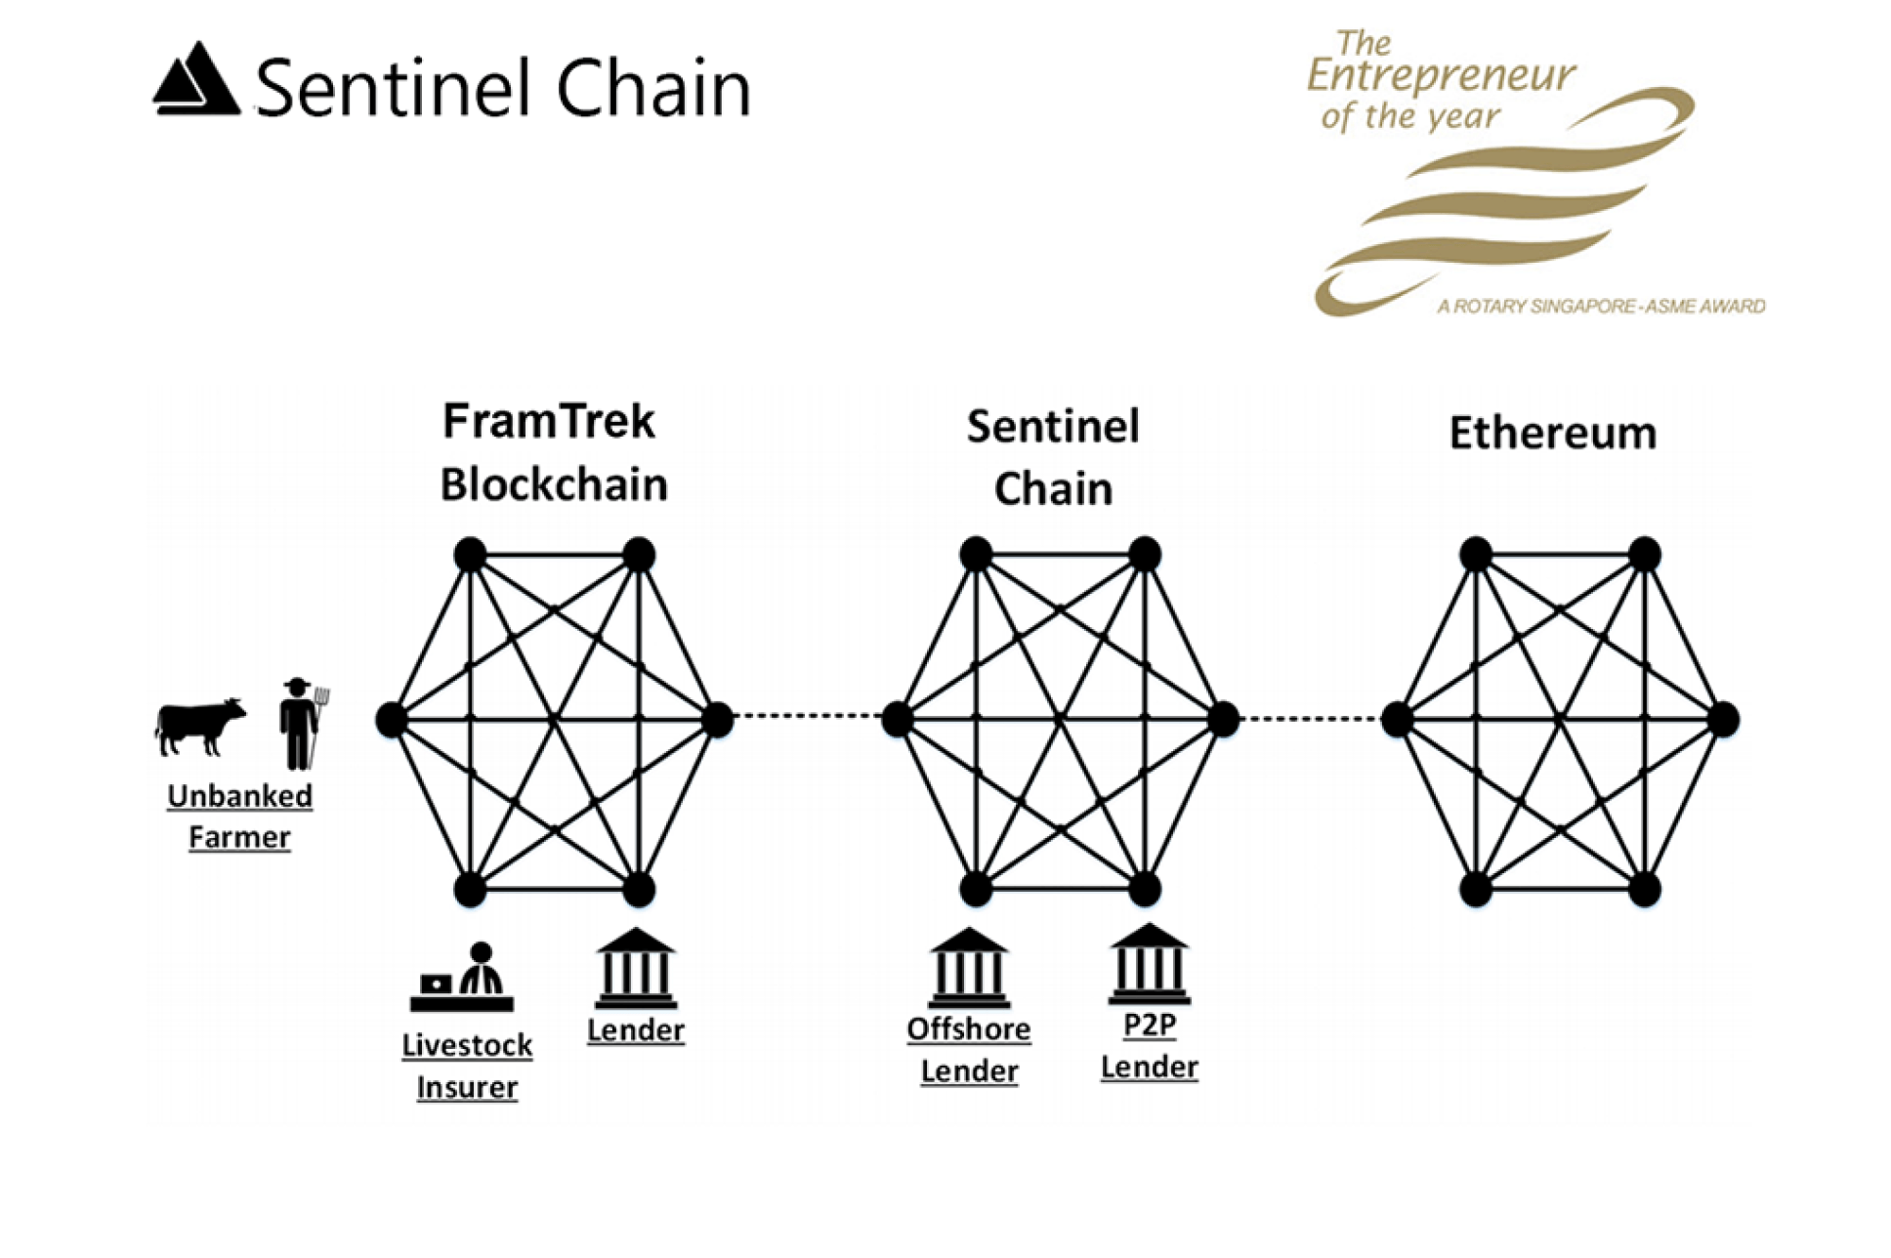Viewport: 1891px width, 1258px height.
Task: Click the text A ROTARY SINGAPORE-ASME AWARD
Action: point(1601,307)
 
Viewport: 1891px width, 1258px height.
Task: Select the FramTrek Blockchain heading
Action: point(553,453)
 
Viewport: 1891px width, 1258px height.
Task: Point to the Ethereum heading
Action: point(1552,434)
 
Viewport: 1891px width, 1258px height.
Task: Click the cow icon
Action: point(199,726)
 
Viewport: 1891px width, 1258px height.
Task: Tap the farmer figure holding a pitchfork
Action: point(300,723)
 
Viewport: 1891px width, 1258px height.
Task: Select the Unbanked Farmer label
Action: point(239,817)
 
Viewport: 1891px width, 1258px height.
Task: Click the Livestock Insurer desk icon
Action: point(462,979)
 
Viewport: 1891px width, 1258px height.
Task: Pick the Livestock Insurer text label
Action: point(467,1067)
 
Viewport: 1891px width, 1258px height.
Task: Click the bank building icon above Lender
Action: point(636,968)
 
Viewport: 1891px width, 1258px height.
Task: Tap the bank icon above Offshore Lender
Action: point(969,968)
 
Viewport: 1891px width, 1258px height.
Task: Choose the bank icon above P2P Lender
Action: point(1149,965)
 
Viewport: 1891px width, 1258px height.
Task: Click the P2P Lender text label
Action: point(1149,1046)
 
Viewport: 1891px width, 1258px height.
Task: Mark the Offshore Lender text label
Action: point(969,1050)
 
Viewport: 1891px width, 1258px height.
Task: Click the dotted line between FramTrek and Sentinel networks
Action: point(807,716)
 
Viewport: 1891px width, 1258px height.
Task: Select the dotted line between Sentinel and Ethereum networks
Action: point(1309,719)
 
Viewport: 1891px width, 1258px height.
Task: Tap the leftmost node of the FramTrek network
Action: point(391,720)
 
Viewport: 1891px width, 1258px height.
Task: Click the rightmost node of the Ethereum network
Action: point(1723,720)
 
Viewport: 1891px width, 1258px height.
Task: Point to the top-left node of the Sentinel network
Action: point(976,555)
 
